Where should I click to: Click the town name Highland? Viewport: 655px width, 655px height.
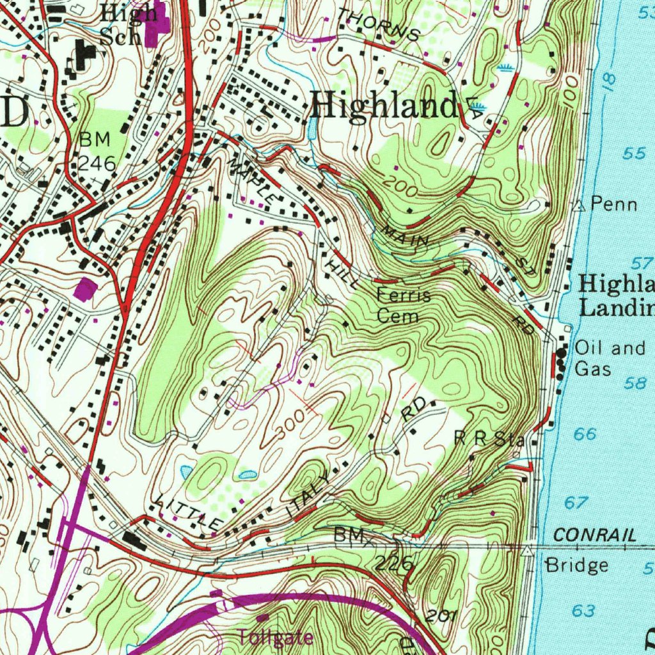[384, 105]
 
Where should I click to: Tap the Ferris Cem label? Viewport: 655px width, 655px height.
[403, 306]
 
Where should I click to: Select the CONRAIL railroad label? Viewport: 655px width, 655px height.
[595, 535]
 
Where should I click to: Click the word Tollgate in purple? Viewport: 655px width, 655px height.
[276, 637]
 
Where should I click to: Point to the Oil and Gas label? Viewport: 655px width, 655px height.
[610, 358]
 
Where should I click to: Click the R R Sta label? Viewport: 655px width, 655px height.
[489, 439]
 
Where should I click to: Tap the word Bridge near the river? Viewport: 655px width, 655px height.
[576, 565]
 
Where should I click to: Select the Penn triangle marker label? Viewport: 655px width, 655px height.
[613, 204]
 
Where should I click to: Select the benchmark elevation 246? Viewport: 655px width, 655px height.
[97, 163]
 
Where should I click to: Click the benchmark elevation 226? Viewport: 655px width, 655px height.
[394, 563]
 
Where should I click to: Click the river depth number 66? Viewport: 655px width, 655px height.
[585, 434]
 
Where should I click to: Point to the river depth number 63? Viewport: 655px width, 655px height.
[583, 611]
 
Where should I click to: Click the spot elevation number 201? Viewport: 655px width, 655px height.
[440, 617]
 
